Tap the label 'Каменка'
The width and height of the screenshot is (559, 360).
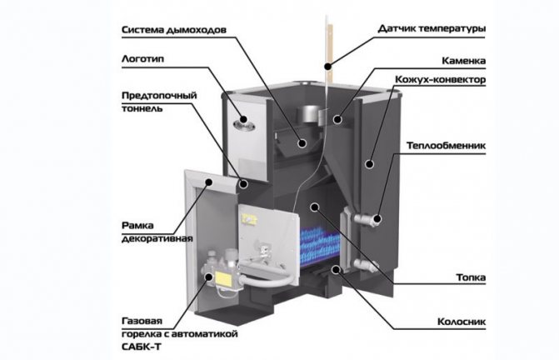[x=462, y=61]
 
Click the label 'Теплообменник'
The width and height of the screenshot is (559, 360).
[x=445, y=145]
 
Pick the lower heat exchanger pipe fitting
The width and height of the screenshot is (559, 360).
[x=365, y=266]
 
